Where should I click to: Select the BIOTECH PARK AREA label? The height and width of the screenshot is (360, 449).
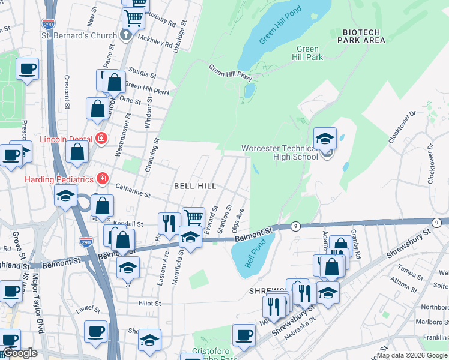pyautogui.click(x=361, y=35)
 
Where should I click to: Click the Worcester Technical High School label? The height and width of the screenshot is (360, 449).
pyautogui.click(x=280, y=152)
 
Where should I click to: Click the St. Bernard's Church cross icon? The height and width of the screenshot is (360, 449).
pyautogui.click(x=125, y=35)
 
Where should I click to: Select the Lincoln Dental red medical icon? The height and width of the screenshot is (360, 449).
pyautogui.click(x=101, y=139)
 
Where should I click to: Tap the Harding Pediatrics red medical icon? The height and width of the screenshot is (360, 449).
pyautogui.click(x=103, y=179)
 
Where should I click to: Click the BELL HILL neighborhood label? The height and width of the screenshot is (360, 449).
pyautogui.click(x=193, y=187)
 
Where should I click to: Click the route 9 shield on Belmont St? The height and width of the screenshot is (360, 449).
pyautogui.click(x=295, y=226)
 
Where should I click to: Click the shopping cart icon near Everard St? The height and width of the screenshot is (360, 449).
pyautogui.click(x=193, y=217)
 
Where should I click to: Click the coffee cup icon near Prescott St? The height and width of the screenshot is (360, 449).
pyautogui.click(x=27, y=68)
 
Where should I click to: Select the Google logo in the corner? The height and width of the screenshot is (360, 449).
pyautogui.click(x=20, y=353)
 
